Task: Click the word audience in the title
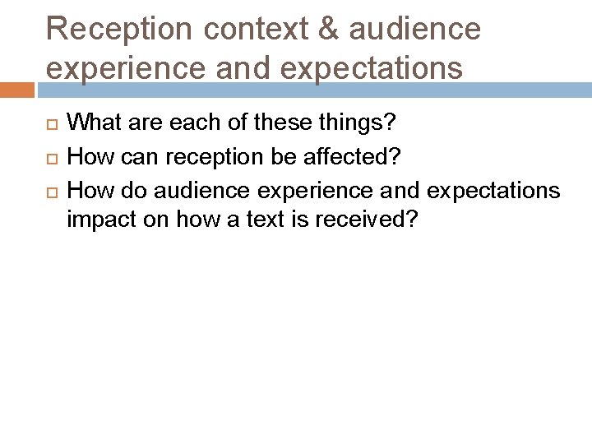(x=414, y=29)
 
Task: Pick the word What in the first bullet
(x=94, y=123)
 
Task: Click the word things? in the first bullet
(x=355, y=123)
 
